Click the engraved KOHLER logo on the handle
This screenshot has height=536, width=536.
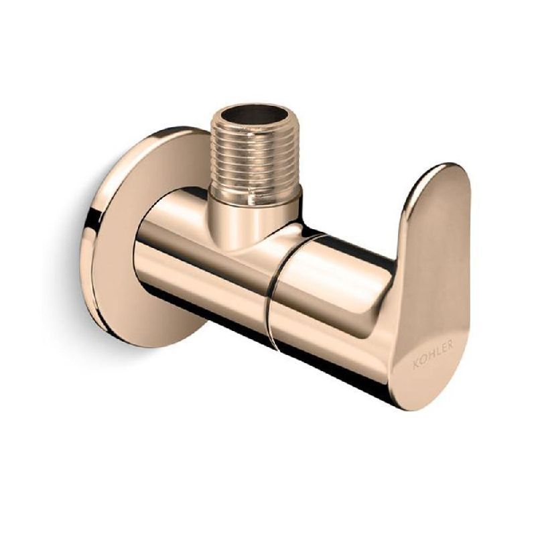(433, 353)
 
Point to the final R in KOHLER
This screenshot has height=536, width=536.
(450, 343)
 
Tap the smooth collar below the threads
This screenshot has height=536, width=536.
(255, 201)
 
